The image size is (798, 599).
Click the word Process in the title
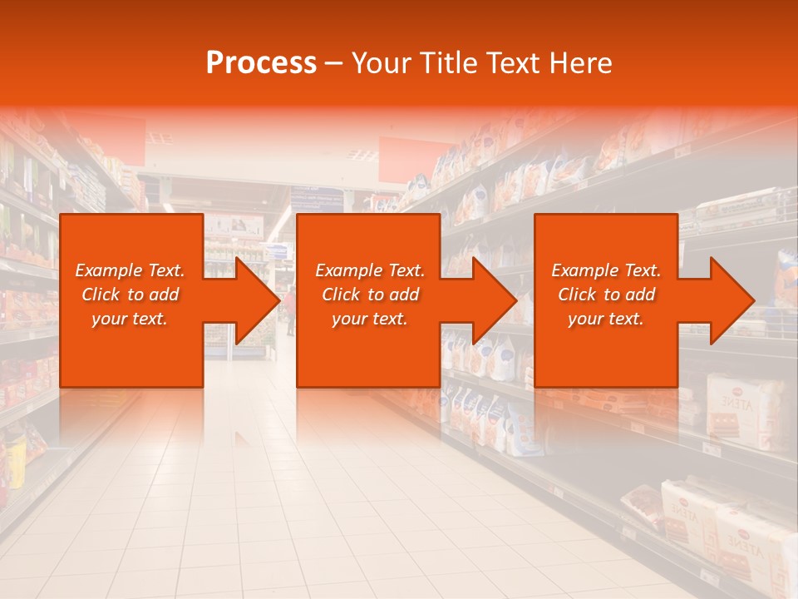tap(261, 63)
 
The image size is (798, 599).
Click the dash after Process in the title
tap(334, 64)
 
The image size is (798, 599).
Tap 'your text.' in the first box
tap(130, 319)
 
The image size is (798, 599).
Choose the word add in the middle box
tap(404, 295)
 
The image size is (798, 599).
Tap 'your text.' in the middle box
tap(370, 319)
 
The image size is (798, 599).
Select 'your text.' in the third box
tap(606, 319)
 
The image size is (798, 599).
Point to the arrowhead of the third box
tap(731, 300)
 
